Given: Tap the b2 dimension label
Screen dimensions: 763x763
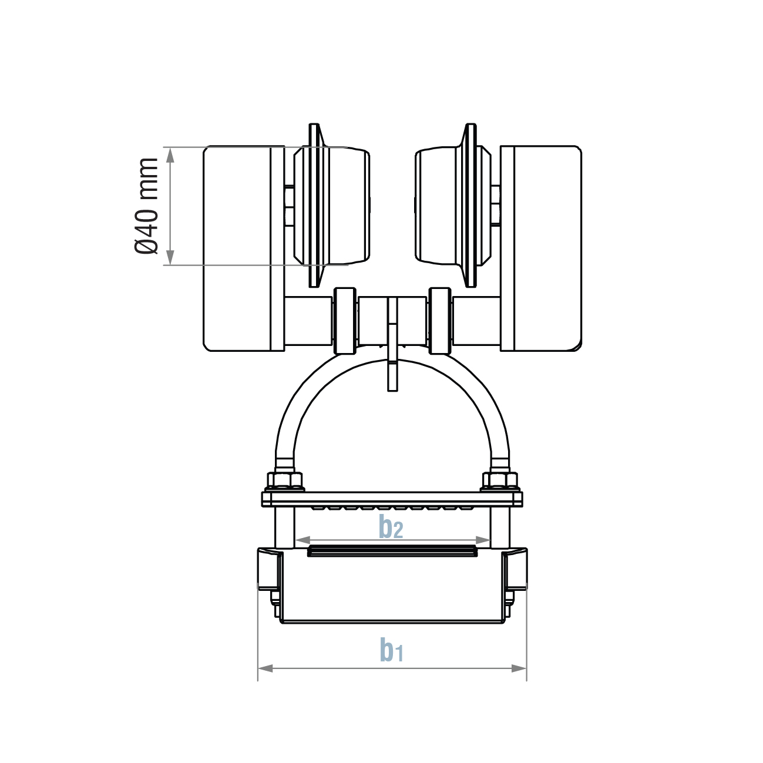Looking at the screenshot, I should coord(391,527).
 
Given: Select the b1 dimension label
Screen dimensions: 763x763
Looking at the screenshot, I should coord(391,649).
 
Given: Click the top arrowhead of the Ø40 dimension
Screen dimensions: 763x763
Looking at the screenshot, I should coord(170,154).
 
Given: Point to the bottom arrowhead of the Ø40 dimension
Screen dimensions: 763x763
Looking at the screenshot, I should coord(170,257).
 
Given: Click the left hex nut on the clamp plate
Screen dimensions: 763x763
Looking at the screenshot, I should coord(286,481).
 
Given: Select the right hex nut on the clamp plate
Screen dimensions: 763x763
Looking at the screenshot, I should coord(500,481).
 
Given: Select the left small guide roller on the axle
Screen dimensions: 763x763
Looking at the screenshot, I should coord(345,321).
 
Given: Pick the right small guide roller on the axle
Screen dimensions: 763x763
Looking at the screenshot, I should coord(441,321).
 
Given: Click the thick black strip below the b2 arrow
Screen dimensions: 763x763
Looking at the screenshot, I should coord(392,551).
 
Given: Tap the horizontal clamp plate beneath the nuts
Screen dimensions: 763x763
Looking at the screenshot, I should coord(392,499).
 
